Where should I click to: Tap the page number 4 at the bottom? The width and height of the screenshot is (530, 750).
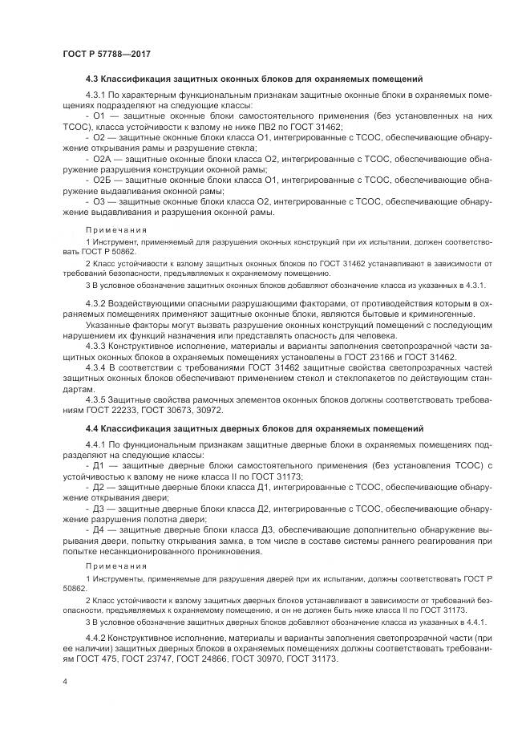(64, 680)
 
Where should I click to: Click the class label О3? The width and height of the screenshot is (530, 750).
(99, 224)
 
